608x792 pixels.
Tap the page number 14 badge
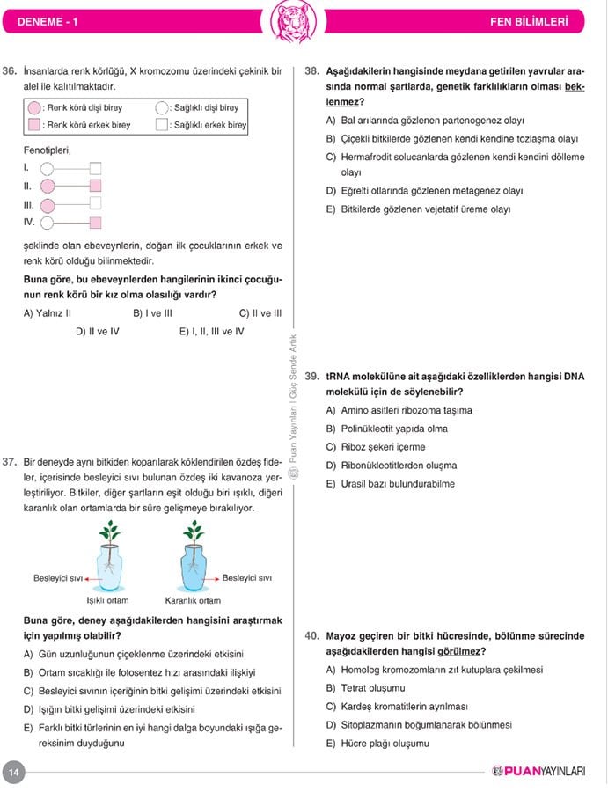(14, 772)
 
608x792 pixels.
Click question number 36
(11, 70)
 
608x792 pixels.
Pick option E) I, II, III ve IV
(211, 332)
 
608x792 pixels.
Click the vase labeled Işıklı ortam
(110, 567)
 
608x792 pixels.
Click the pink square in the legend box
(33, 125)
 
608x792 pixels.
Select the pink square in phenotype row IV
(96, 223)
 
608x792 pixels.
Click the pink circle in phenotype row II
(48, 186)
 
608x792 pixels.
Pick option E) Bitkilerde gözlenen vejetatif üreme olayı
(418, 209)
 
